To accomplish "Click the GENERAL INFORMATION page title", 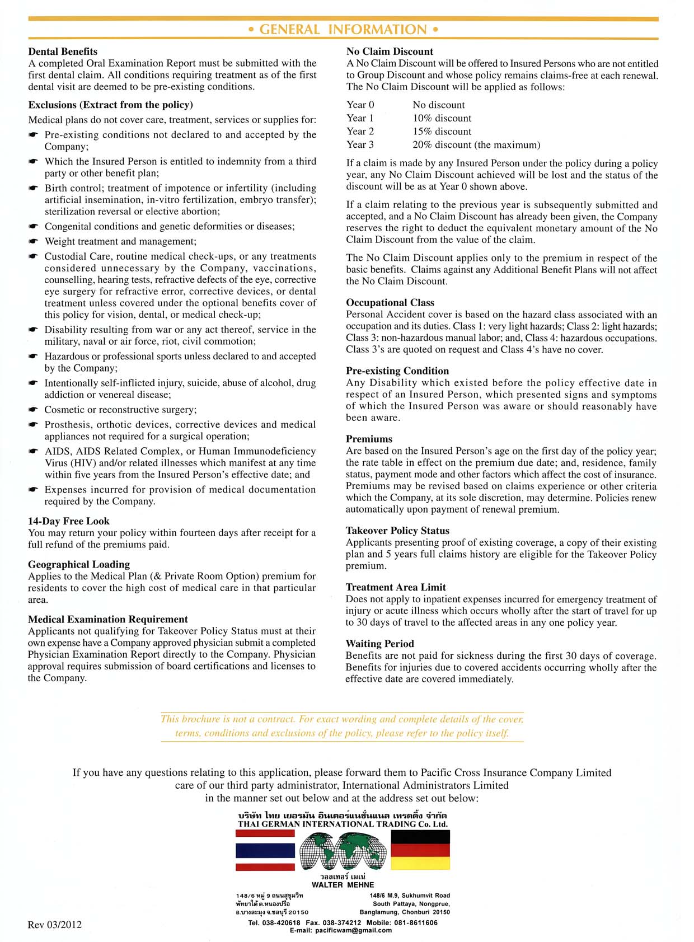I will point(343,29).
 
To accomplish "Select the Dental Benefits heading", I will point(63,51).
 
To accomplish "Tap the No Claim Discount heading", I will point(390,51).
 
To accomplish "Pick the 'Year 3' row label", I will point(360,145).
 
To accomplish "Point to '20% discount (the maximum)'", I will point(476,145).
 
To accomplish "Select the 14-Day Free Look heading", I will point(69,521).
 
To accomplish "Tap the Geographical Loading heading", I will point(79,564).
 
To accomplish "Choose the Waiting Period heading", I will point(379,644).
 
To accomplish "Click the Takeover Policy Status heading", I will point(397,531).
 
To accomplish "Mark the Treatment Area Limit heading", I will point(396,587).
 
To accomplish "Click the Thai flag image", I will point(265,850).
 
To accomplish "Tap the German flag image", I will point(420,850).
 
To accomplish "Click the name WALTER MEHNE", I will point(343,885).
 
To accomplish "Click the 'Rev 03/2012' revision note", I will point(54,925).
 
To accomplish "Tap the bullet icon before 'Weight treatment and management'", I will point(34,242).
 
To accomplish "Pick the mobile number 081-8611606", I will point(418,922).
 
